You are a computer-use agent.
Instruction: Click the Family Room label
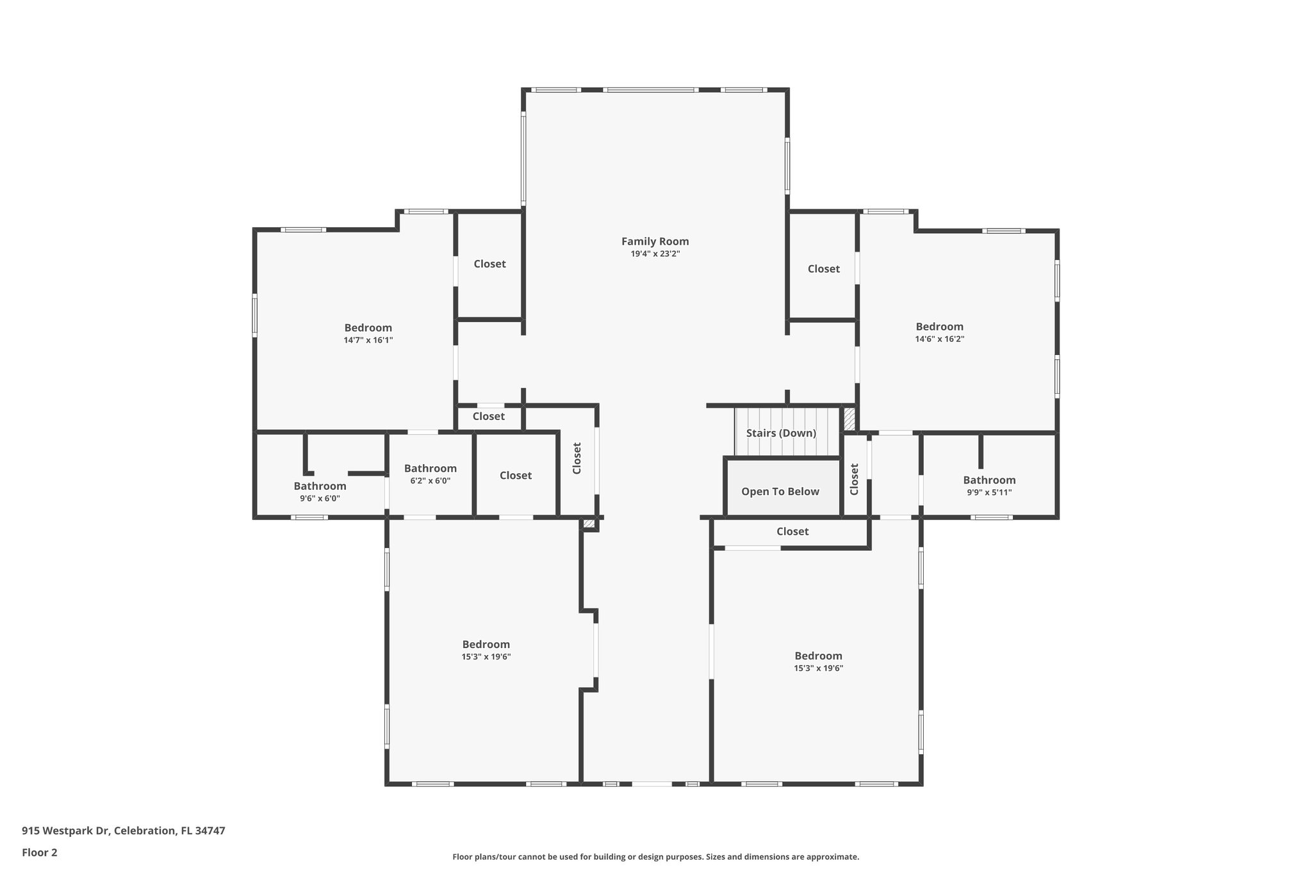(x=655, y=241)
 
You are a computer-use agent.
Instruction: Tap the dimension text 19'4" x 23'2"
(x=655, y=254)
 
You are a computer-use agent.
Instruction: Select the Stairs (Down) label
(x=781, y=433)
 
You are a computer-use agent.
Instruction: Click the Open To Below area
(x=780, y=492)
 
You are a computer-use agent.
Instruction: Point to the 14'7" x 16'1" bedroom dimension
(x=368, y=341)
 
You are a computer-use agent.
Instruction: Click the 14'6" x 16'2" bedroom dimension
(x=939, y=339)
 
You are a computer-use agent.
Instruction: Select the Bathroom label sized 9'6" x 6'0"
(x=320, y=487)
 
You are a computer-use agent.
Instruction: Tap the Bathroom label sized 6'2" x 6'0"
(x=430, y=469)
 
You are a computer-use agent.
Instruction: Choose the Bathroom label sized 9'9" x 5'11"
(x=989, y=480)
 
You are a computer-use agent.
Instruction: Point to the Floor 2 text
(x=40, y=852)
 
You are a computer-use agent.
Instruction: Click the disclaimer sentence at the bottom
(x=655, y=857)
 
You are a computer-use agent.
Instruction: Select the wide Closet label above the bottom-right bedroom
(x=792, y=531)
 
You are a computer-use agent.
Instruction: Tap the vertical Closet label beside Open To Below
(x=854, y=480)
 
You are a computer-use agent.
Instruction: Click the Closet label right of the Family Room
(x=823, y=269)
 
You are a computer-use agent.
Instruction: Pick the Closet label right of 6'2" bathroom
(x=515, y=475)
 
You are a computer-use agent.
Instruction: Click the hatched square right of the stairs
(x=849, y=419)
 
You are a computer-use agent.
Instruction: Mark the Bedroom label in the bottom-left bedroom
(x=486, y=645)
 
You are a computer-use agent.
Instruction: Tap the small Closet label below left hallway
(x=488, y=417)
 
